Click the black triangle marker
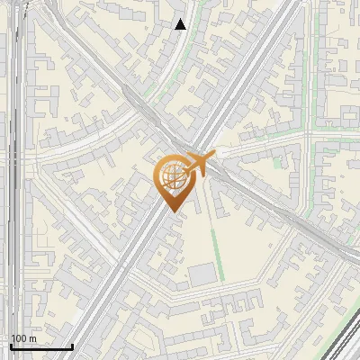pyautogui.click(x=181, y=24)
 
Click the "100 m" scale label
pyautogui.click(x=23, y=338)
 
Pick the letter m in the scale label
pyautogui.click(x=31, y=338)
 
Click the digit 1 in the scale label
pyautogui.click(x=13, y=338)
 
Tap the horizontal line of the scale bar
pyautogui.click(x=41, y=346)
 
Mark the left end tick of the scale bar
pyautogui.click(x=11, y=345)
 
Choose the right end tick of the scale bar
pyautogui.click(x=72, y=345)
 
